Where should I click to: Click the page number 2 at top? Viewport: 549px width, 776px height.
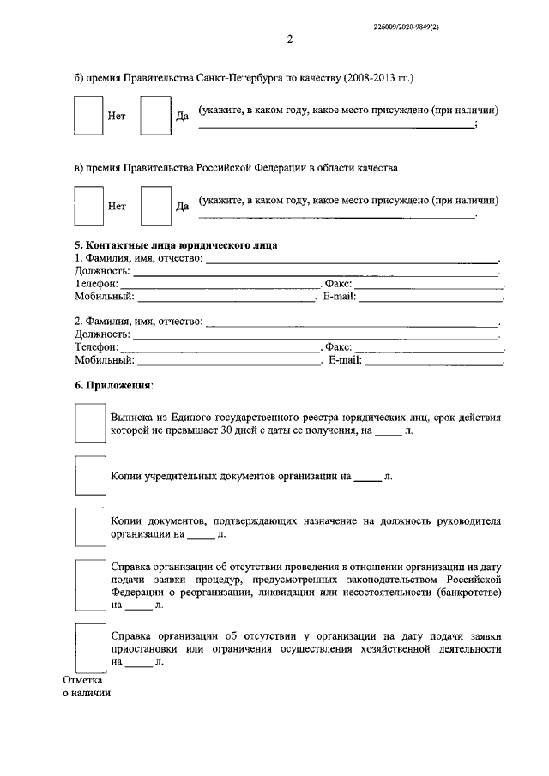pyautogui.click(x=289, y=40)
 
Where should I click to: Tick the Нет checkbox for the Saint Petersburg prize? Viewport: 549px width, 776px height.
pyautogui.click(x=88, y=116)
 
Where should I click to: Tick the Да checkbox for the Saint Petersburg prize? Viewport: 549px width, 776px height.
pyautogui.click(x=155, y=116)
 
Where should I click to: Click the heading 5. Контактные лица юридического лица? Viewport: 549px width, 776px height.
pyautogui.click(x=176, y=244)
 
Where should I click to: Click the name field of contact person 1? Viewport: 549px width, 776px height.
pyautogui.click(x=352, y=259)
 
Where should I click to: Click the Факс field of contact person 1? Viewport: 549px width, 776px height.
pyautogui.click(x=429, y=283)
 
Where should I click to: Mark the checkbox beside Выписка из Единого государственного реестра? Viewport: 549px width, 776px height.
pyautogui.click(x=88, y=424)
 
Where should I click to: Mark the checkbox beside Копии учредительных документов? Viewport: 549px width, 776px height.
pyautogui.click(x=88, y=474)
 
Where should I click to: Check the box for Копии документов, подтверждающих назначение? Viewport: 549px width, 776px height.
pyautogui.click(x=88, y=526)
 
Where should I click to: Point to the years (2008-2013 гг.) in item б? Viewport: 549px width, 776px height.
pyautogui.click(x=377, y=79)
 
